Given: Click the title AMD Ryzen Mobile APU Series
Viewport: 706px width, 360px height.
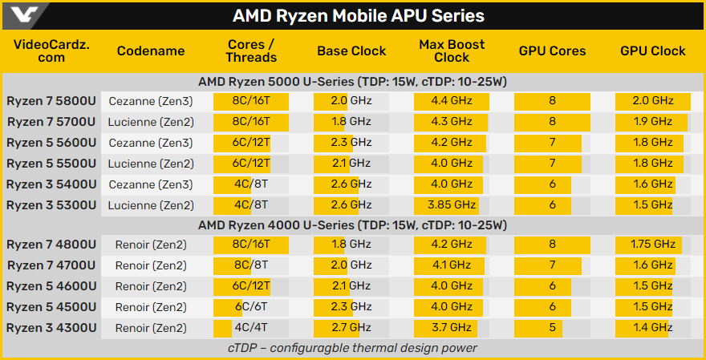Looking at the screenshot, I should click(x=358, y=16).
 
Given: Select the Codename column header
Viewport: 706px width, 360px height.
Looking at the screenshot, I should click(x=150, y=51).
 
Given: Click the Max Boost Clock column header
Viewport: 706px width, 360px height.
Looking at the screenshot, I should click(x=452, y=51).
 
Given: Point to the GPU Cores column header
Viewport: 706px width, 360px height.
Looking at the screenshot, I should click(x=552, y=51).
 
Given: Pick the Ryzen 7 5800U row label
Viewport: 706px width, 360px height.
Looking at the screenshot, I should click(x=51, y=101).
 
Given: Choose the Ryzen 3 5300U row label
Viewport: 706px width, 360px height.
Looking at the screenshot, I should click(x=51, y=205).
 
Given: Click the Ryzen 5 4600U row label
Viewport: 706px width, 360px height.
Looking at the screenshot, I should click(x=51, y=286).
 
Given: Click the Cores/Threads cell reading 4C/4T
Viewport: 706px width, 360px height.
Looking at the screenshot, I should click(x=250, y=328).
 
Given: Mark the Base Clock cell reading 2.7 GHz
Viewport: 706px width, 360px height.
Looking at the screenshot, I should click(x=351, y=328).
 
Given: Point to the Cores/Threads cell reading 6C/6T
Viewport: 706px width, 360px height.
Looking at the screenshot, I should click(x=250, y=307).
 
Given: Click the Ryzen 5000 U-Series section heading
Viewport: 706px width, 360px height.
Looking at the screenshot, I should click(x=352, y=82).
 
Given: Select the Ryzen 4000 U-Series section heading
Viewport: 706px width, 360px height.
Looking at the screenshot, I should click(x=352, y=225).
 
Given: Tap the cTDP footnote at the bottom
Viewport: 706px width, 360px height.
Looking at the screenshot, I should click(x=352, y=348).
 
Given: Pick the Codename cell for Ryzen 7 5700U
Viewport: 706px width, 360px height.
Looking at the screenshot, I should click(x=150, y=122).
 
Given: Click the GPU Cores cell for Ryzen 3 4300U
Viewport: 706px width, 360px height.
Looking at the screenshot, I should click(x=552, y=328).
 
